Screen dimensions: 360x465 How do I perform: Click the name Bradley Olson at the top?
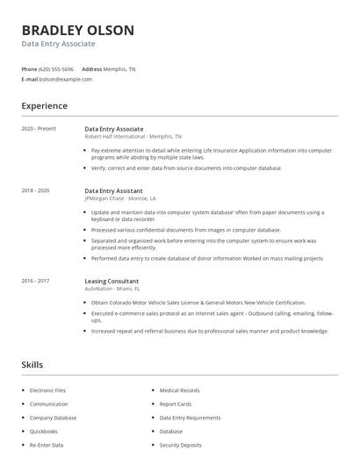(x=78, y=31)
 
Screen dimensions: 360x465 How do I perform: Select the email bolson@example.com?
(x=66, y=79)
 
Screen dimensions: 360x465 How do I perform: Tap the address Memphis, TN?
(x=119, y=68)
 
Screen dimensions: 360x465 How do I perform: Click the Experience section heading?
(x=44, y=106)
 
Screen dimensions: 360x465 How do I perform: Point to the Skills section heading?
(x=32, y=364)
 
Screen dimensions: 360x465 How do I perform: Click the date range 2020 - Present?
(x=39, y=129)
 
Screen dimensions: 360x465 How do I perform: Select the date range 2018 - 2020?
(x=35, y=190)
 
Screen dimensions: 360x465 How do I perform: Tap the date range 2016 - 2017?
(x=35, y=281)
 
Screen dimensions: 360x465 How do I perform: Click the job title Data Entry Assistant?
(x=114, y=190)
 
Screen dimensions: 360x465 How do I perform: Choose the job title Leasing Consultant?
(x=112, y=281)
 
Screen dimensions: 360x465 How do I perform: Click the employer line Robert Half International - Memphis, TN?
(x=133, y=137)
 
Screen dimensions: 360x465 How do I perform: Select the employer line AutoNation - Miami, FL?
(x=112, y=289)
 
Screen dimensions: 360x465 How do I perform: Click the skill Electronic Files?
(x=47, y=390)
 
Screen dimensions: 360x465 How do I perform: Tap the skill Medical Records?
(x=179, y=390)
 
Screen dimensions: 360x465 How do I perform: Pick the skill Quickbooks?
(x=44, y=431)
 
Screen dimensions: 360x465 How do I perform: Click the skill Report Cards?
(x=176, y=404)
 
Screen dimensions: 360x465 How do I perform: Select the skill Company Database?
(x=53, y=418)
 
